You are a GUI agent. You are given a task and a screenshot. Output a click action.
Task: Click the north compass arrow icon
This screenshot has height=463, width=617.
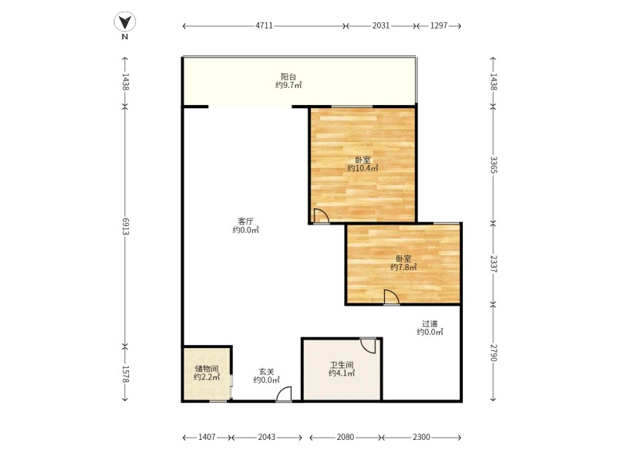125,22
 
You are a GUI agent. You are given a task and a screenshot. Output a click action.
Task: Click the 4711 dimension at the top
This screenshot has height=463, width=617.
264,26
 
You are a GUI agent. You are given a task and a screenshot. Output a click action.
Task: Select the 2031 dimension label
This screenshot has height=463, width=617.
381,26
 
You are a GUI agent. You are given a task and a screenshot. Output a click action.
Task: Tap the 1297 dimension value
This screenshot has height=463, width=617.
439,26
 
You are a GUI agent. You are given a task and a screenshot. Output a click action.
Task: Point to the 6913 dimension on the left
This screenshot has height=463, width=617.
126,226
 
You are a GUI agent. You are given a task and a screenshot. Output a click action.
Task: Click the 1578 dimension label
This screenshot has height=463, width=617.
126,374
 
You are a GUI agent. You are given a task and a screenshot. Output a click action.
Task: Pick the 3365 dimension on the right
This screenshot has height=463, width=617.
494,164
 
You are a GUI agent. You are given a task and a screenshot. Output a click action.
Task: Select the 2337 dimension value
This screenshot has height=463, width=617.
494,264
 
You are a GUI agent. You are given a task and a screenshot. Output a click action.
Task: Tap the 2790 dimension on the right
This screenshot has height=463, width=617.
494,353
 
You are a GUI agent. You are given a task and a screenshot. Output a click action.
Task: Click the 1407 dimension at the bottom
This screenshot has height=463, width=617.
207,437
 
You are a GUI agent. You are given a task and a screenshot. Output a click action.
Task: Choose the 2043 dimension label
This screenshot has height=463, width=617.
266,437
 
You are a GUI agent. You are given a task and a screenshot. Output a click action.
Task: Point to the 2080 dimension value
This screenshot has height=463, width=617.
345,437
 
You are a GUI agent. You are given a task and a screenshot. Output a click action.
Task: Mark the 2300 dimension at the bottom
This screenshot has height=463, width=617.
421,437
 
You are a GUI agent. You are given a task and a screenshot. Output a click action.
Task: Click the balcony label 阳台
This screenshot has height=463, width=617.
288,76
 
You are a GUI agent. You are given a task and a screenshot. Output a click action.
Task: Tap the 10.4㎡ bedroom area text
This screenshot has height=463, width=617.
362,168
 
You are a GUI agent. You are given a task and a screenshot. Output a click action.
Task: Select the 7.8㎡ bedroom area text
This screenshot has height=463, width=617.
403,267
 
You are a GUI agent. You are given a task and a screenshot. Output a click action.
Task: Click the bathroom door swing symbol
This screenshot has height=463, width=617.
369,345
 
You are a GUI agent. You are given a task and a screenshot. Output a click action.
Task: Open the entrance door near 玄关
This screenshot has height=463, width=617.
284,394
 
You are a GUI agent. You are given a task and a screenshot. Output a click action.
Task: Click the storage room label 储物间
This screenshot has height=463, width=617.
207,369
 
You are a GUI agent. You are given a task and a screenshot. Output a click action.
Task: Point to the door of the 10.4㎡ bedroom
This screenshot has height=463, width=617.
321,216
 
